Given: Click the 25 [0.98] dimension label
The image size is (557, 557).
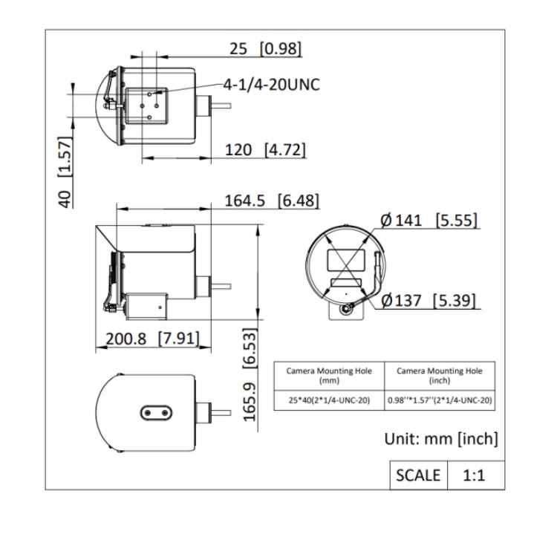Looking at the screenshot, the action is coord(265,49).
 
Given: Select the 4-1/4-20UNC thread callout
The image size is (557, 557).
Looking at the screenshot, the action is coord(271,85).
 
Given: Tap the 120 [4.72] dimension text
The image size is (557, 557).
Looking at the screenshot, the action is coord(265,150).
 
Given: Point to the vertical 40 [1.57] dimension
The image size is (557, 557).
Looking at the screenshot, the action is coord(65,172).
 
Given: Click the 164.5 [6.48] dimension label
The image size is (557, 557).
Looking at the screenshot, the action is coord(272,201).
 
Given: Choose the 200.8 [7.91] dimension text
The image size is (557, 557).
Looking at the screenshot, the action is coord(152,339).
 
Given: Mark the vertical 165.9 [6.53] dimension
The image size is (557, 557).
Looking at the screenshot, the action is coord(250,375).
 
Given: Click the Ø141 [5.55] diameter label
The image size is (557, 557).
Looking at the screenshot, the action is coord(429,221).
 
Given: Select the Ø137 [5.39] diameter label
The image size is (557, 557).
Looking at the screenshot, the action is coord(428,301).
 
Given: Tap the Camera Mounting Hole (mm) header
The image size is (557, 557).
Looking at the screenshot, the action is coord(329,376).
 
